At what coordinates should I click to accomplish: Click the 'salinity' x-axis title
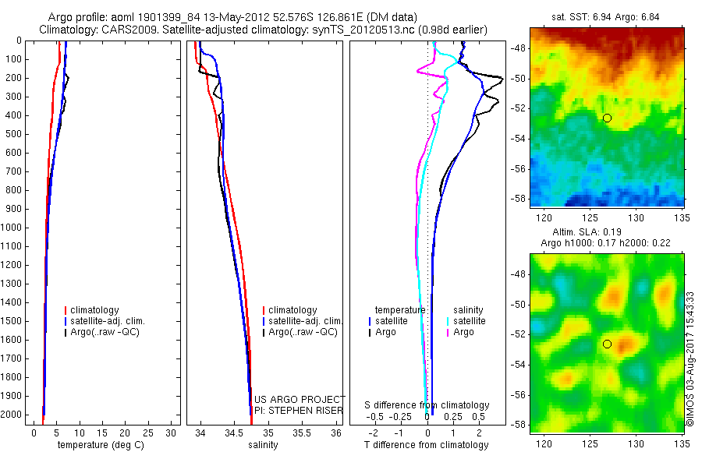point(261,445)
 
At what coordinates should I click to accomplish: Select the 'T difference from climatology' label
point(426,445)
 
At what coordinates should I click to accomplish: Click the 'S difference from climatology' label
point(427,405)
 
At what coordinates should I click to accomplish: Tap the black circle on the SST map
point(607,118)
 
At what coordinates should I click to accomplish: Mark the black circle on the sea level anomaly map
point(607,344)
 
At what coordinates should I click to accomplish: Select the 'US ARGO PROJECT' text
point(300,399)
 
